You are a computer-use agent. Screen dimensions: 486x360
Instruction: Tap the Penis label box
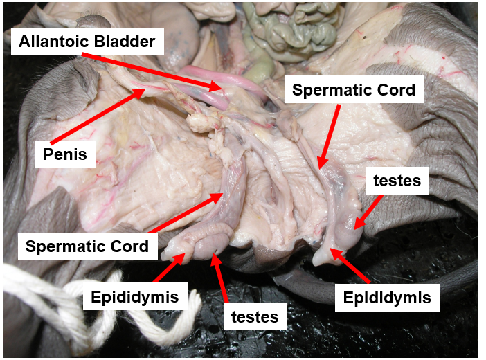(x=64, y=153)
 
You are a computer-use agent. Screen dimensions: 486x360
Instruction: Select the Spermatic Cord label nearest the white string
(x=87, y=246)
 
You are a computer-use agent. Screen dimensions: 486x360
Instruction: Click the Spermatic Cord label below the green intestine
(x=353, y=89)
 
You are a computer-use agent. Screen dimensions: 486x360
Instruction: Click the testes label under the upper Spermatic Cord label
(x=397, y=182)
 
